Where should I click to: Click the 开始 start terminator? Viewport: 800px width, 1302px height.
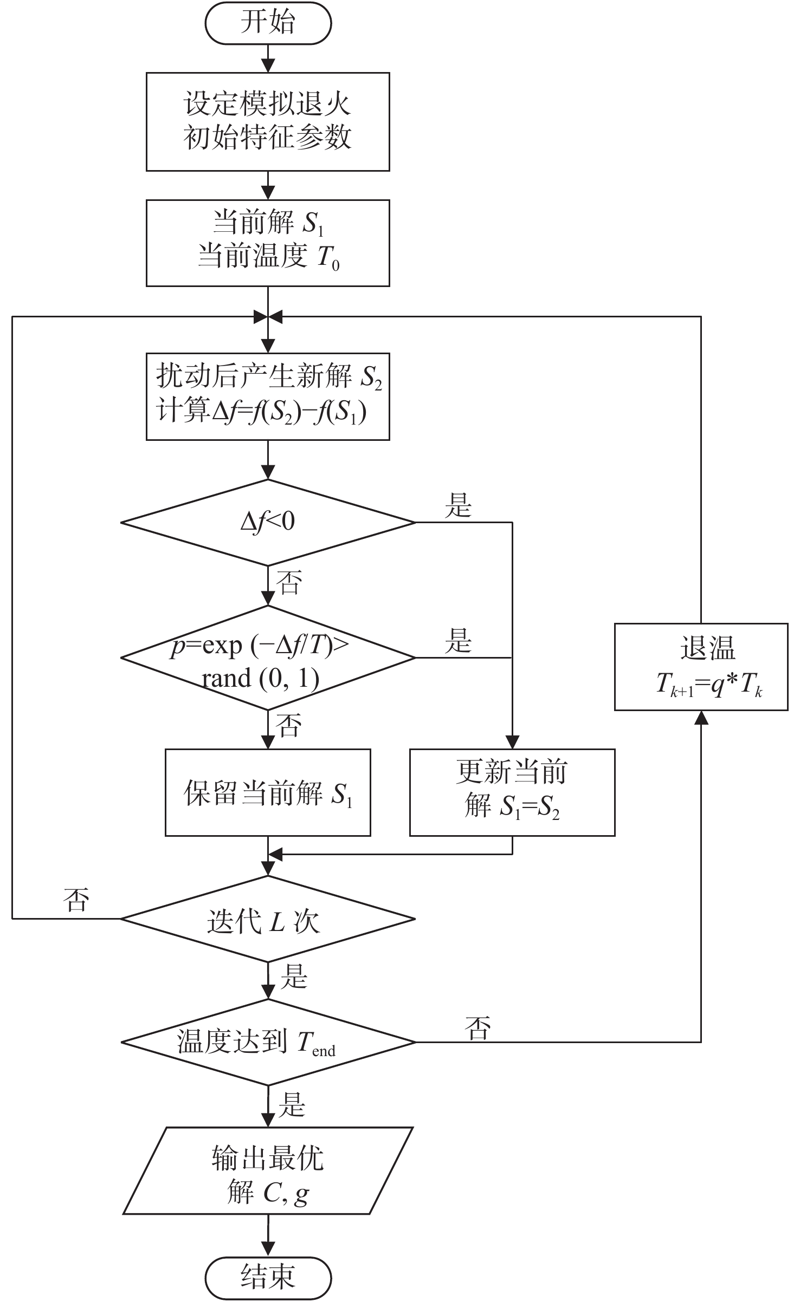coord(268,23)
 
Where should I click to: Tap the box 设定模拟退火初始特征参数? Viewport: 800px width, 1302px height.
coord(268,122)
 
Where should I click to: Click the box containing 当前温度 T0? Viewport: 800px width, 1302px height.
coord(268,243)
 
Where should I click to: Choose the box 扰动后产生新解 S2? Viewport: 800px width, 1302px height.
coord(268,396)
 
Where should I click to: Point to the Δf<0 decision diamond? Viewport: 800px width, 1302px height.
coord(268,523)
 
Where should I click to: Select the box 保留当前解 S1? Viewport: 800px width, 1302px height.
coord(268,792)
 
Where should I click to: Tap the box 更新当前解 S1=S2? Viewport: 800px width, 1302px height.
coord(512,792)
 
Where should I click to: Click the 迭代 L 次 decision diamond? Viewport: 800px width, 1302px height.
coord(268,919)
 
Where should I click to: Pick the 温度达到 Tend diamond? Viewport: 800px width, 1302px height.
coord(268,1042)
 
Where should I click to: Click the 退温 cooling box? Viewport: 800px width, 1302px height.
coord(701,667)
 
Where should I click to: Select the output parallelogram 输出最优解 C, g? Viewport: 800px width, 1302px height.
coord(268,1170)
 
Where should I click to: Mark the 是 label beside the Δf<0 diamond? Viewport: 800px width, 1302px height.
coord(459,505)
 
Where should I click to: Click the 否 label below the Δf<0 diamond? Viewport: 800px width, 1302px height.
coord(289,583)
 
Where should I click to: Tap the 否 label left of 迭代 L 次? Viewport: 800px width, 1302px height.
coord(76,900)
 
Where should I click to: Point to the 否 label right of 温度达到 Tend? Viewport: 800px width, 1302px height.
coord(478,1027)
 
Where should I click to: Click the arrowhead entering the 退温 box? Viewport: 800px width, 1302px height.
coord(701,717)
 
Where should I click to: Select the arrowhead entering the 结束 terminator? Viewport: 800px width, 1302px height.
coord(268,1251)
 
